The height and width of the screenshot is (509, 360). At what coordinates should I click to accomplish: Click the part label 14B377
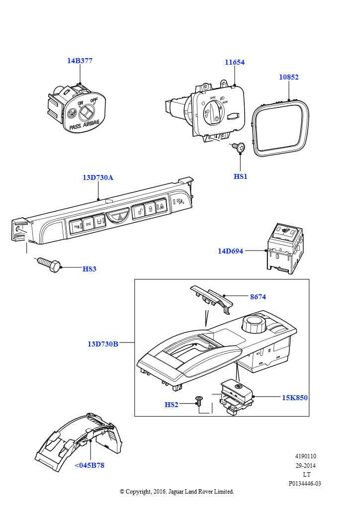[80, 61]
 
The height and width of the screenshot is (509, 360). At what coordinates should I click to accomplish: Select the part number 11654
[234, 63]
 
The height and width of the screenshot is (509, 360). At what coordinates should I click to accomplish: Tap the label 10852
[288, 78]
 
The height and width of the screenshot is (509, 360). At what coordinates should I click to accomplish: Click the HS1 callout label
[240, 176]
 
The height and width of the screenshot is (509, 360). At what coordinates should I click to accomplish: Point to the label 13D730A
[98, 177]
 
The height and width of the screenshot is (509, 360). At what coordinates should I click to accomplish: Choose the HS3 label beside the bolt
[90, 269]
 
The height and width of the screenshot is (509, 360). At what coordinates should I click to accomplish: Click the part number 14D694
[230, 251]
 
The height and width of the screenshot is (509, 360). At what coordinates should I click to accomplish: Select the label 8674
[258, 297]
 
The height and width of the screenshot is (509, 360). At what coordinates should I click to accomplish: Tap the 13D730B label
[103, 343]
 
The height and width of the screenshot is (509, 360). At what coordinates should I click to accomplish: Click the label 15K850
[295, 398]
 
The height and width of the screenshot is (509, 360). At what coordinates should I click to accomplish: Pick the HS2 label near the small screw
[171, 405]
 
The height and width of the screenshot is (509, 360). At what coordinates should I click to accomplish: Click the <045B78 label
[90, 465]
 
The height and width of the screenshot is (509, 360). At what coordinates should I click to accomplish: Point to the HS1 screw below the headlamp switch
[239, 147]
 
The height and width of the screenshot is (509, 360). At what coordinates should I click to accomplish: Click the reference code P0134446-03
[305, 483]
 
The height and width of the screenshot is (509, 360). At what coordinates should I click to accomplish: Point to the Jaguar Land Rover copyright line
[177, 491]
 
